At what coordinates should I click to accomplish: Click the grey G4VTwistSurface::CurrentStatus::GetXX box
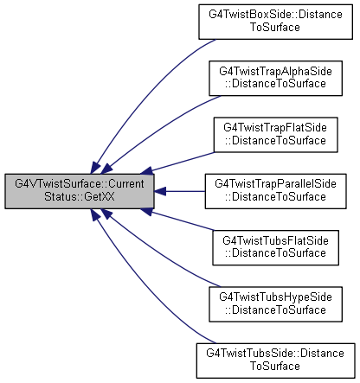(x=80, y=191)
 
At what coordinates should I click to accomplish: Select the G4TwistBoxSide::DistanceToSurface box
(x=275, y=22)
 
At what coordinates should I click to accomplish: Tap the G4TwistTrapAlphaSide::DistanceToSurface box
(x=275, y=78)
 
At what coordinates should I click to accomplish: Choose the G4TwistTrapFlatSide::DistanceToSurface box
(x=275, y=135)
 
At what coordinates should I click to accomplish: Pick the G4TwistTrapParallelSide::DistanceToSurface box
(x=275, y=191)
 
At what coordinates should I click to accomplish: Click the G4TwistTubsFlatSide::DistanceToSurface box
(x=275, y=247)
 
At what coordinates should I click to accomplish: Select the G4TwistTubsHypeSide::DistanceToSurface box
(x=275, y=304)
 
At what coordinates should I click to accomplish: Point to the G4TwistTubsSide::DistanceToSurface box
(x=275, y=361)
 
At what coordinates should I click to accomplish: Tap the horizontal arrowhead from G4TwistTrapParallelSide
(x=160, y=191)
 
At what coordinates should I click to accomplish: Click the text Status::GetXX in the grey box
(x=79, y=196)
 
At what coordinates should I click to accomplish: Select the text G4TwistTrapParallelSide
(x=275, y=184)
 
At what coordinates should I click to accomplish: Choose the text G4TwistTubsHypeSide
(x=275, y=297)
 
